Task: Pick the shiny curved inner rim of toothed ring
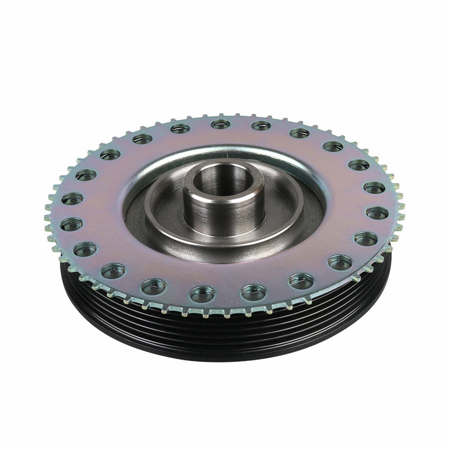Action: [x=224, y=150]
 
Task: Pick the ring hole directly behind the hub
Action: [x=221, y=123]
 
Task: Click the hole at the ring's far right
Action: [x=377, y=213]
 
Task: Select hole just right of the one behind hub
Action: [x=261, y=125]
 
